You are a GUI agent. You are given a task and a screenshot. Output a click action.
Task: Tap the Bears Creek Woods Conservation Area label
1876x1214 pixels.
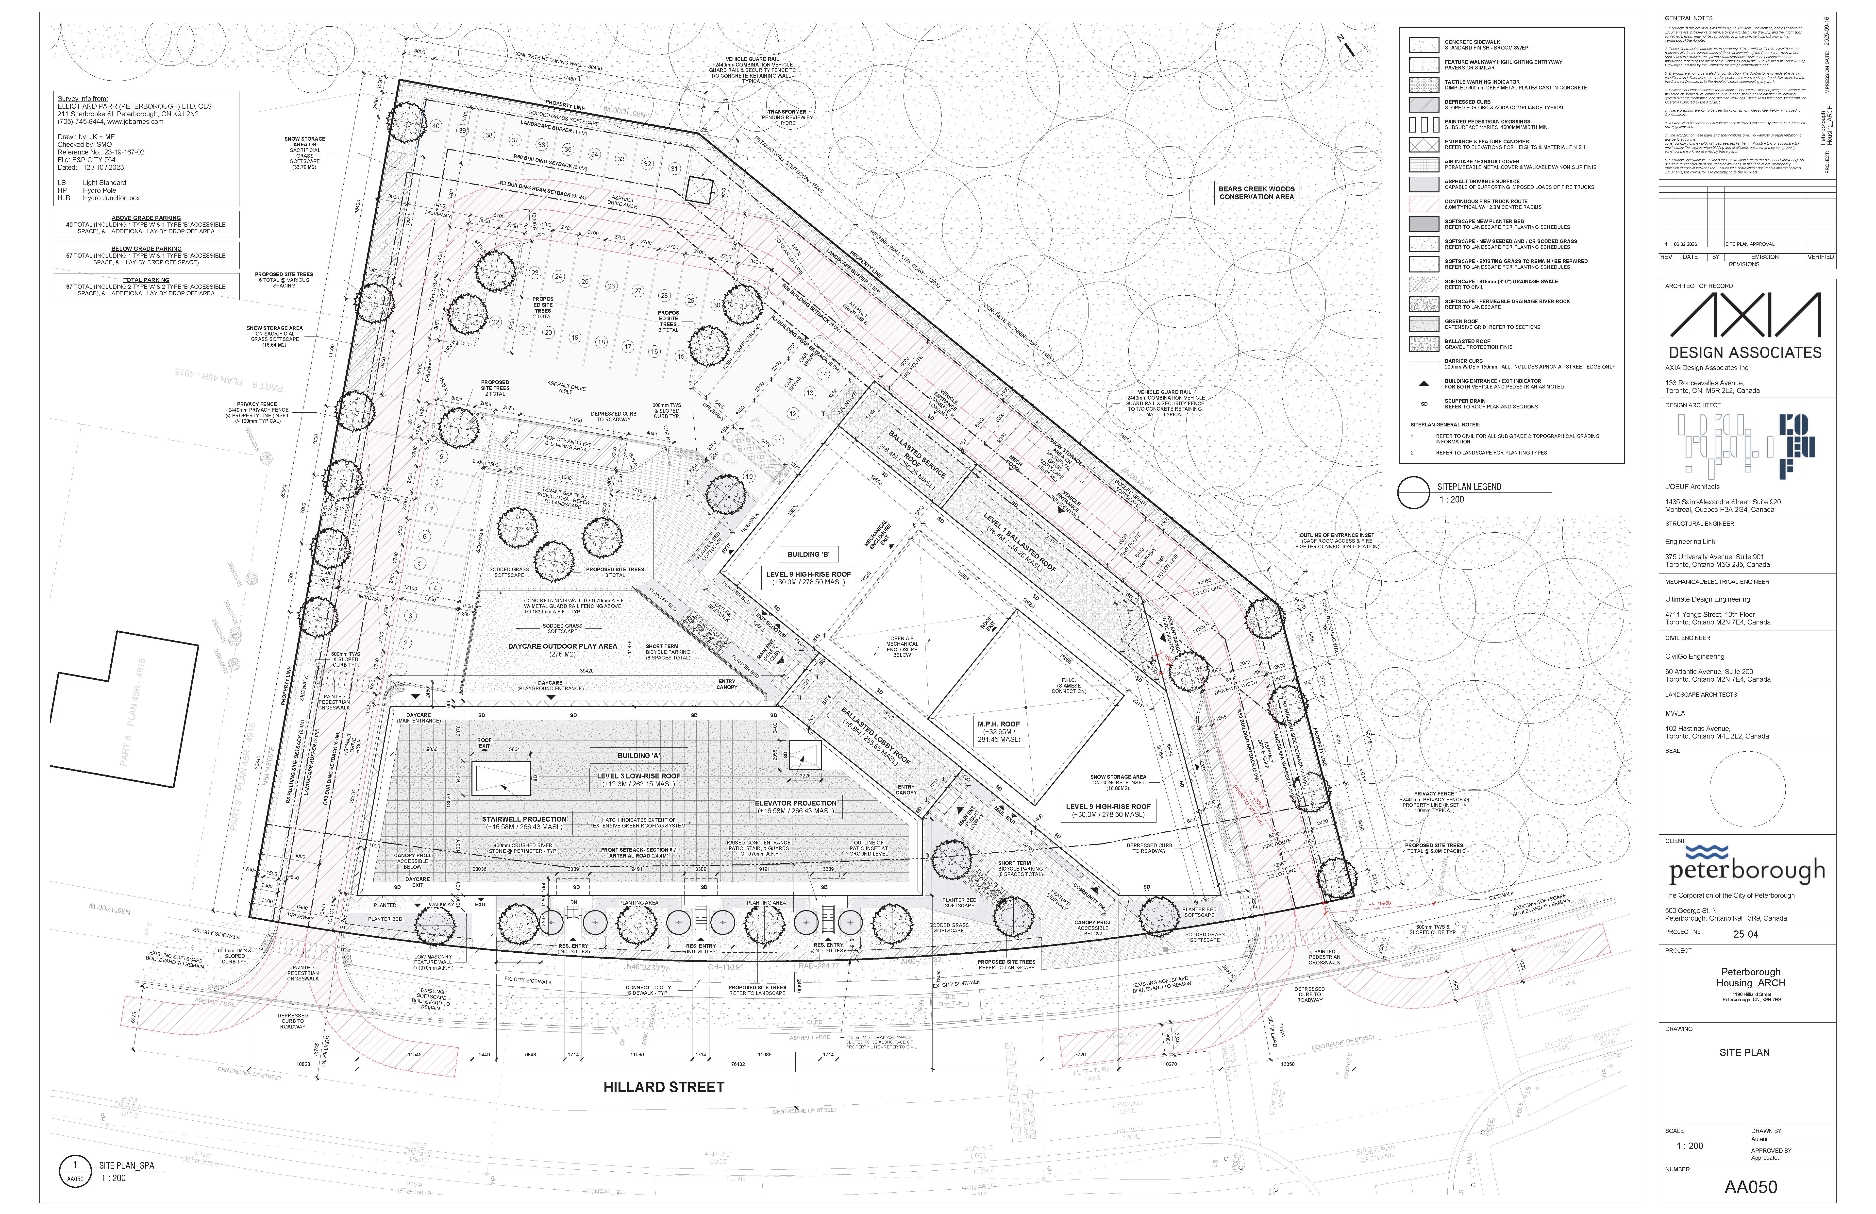click(1256, 192)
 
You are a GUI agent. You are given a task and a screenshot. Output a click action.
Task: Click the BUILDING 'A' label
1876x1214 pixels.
click(638, 755)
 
